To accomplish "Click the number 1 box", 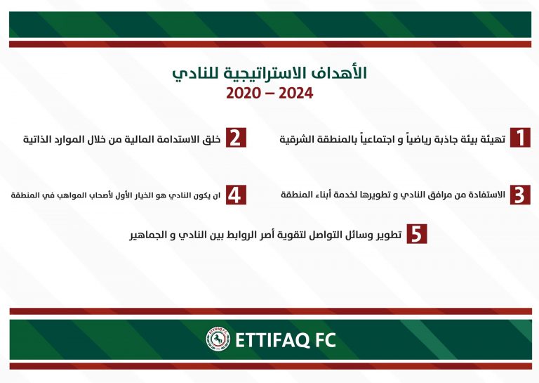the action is pyautogui.click(x=520, y=138).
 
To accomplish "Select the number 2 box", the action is pyautogui.click(x=236, y=138).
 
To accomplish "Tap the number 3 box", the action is pyautogui.click(x=520, y=195).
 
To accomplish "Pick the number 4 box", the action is pyautogui.click(x=236, y=195).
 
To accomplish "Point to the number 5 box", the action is pyautogui.click(x=417, y=234).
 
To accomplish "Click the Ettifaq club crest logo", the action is pyautogui.click(x=218, y=339).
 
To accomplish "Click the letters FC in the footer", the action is pyautogui.click(x=326, y=339).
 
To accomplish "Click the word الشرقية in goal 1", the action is pyautogui.click(x=292, y=139).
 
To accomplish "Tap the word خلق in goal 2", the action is pyautogui.click(x=213, y=139).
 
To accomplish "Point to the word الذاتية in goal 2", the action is pyautogui.click(x=34, y=139).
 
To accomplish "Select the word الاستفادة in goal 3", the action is pyautogui.click(x=488, y=195).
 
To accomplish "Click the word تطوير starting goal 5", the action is pyautogui.click(x=390, y=235).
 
